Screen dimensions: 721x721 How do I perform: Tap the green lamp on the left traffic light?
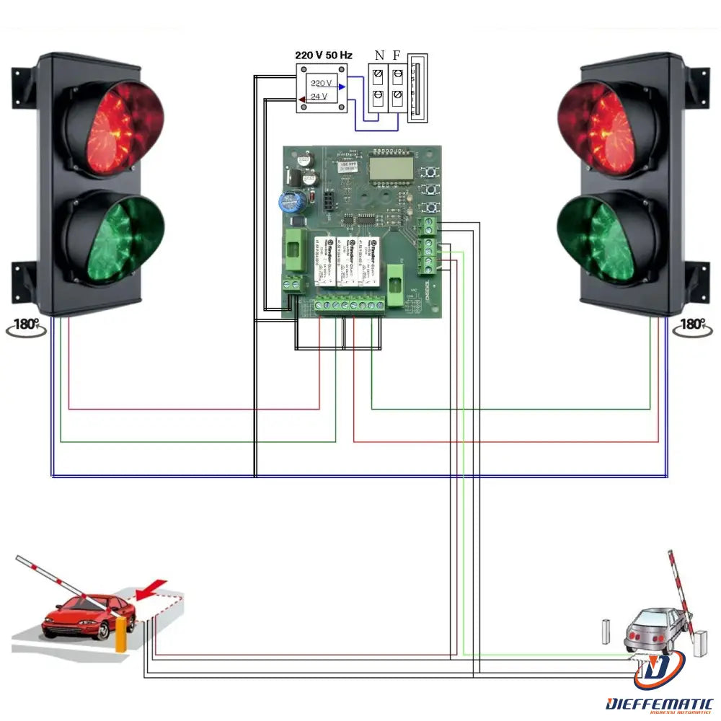[113, 237]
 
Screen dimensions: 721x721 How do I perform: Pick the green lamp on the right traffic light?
[609, 237]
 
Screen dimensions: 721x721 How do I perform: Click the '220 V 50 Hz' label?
[324, 55]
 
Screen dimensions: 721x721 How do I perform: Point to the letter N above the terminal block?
[379, 56]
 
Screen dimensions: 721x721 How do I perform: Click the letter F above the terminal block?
[396, 56]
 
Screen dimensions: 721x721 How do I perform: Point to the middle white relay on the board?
[349, 261]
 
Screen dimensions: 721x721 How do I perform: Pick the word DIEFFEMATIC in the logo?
[659, 703]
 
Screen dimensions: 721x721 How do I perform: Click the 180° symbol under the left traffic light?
[26, 326]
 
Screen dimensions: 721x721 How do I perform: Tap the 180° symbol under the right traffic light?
[693, 326]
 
